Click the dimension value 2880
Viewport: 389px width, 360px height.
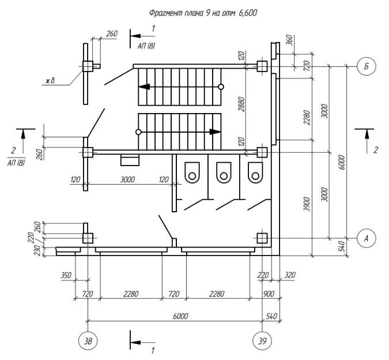[241, 104]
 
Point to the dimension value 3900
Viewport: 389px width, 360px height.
[307, 204]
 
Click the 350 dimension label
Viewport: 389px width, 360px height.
[66, 275]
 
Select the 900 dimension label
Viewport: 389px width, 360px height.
[269, 294]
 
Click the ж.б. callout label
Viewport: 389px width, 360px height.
[50, 81]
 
